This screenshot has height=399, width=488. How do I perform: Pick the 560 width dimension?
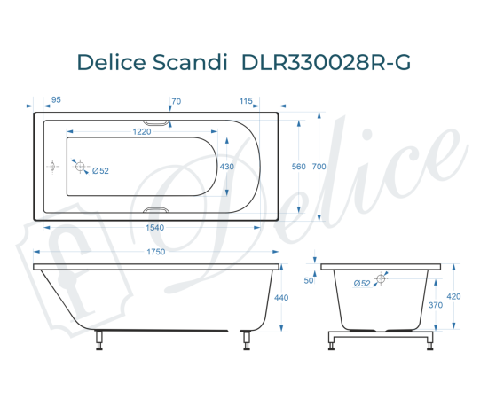(x=298, y=167)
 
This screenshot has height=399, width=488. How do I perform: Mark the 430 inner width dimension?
(x=227, y=167)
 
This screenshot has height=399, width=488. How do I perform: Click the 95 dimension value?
(x=56, y=101)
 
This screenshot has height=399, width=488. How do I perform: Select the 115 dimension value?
(x=247, y=101)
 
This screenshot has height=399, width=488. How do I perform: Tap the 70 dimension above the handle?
(x=176, y=101)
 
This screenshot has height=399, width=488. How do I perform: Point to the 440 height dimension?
(x=282, y=298)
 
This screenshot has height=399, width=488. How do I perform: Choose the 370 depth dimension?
(x=436, y=304)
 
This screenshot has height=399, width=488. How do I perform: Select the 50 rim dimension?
(x=310, y=280)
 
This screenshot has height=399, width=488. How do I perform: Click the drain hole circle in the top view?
(x=80, y=167)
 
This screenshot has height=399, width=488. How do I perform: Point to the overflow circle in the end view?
(x=381, y=279)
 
